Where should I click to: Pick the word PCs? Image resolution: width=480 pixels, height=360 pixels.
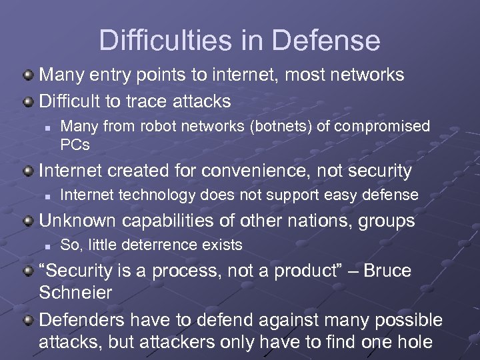75,143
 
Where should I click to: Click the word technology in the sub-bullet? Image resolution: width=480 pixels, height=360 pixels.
145,195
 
